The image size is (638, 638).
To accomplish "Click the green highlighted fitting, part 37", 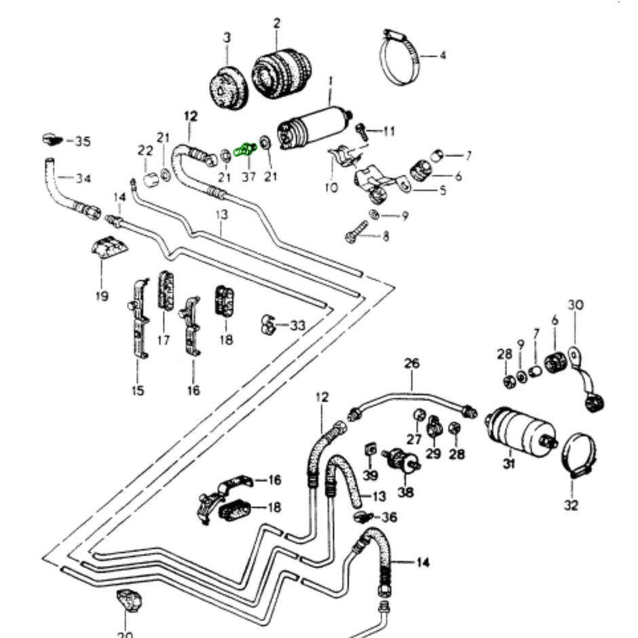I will pyautogui.click(x=244, y=149).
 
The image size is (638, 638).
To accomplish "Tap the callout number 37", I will pyautogui.click(x=248, y=177).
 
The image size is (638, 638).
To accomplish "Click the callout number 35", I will pyautogui.click(x=82, y=142).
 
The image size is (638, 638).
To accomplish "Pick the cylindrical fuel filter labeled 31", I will pyautogui.click(x=520, y=431).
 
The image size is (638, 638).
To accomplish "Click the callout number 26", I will pyautogui.click(x=412, y=364).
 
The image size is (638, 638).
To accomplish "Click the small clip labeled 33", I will pyautogui.click(x=268, y=326).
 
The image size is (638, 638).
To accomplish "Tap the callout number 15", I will pyautogui.click(x=138, y=391).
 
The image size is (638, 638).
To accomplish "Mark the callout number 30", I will pyautogui.click(x=575, y=305).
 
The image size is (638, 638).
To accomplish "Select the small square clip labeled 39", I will pyautogui.click(x=371, y=449).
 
